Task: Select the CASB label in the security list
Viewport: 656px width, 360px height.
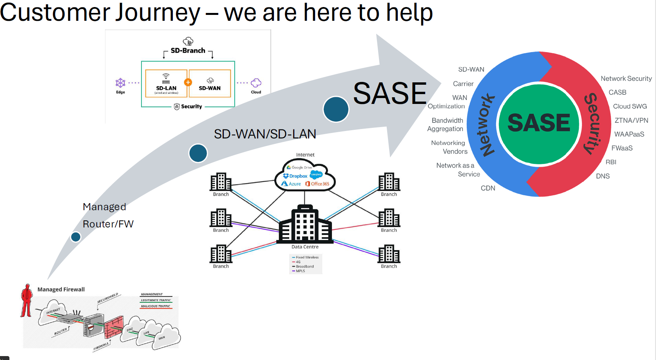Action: coord(617,93)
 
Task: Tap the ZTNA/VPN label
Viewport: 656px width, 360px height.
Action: coord(631,120)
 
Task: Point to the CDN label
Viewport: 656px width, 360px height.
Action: coord(488,188)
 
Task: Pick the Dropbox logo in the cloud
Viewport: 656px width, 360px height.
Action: coord(295,176)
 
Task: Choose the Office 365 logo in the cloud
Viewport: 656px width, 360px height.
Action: coord(317,184)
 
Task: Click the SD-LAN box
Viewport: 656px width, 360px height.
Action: coord(166,83)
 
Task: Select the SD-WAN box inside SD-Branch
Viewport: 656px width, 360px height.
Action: coord(210,83)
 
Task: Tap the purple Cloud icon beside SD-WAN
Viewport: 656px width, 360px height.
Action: coord(256,83)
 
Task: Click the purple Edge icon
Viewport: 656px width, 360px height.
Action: coord(120,83)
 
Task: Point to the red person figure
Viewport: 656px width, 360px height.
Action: coord(26,300)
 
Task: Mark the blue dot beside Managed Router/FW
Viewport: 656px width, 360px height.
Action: coord(76,237)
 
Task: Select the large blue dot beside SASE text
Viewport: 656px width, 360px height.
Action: coord(336,109)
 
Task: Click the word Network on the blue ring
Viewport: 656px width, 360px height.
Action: coord(486,125)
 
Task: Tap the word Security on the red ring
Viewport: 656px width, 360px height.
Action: coord(593,124)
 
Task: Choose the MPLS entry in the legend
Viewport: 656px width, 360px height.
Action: coord(300,271)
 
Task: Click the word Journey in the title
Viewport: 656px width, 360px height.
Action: coord(152,13)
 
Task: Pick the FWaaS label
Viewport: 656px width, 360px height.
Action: coord(622,148)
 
